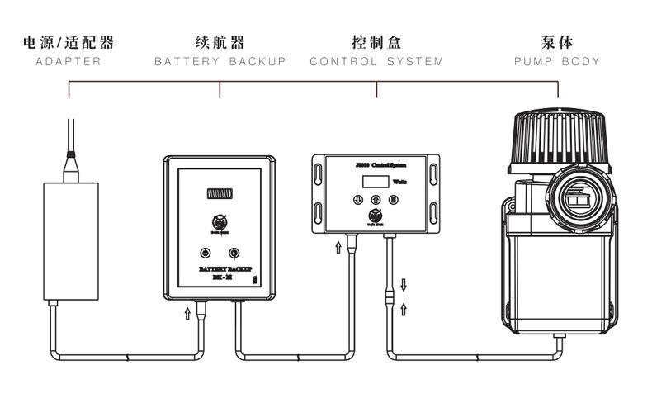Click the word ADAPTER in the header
point(69,62)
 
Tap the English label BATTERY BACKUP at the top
point(220,62)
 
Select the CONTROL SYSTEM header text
point(376,62)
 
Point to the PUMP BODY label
point(557,62)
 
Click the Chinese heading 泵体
point(557,42)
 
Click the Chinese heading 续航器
point(220,42)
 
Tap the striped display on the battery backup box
point(220,194)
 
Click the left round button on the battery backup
point(203,254)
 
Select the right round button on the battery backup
point(235,254)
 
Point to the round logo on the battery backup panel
point(220,221)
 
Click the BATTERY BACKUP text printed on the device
point(219,269)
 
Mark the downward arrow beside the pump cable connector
point(404,285)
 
